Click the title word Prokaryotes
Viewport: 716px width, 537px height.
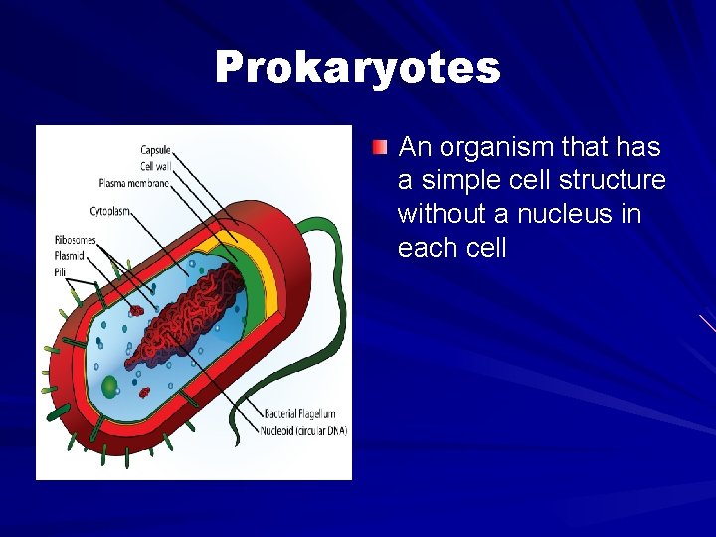pos(358,68)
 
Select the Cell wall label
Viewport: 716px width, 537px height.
pos(154,166)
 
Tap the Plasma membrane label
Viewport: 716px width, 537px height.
pos(134,183)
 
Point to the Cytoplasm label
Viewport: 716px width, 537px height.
pos(113,212)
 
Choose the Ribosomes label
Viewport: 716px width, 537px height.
pos(76,240)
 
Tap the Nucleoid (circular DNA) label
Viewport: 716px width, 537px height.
pos(303,430)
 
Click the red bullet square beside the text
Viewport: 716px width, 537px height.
pos(380,148)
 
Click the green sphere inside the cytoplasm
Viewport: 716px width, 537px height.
pos(110,385)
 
